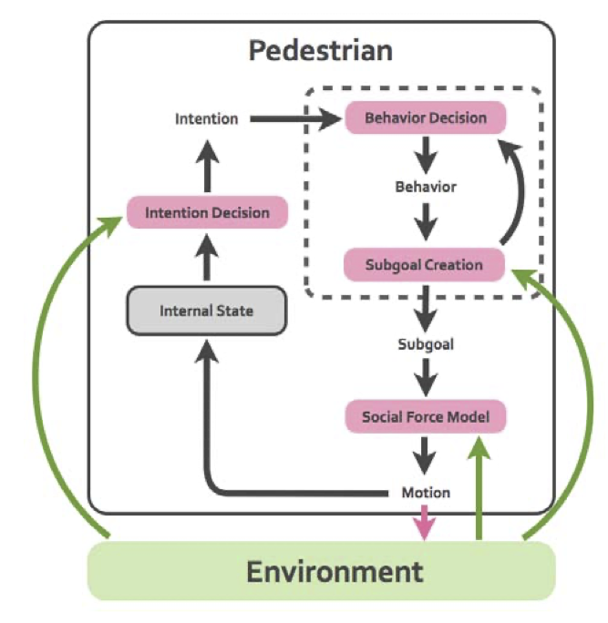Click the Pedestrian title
pos(320,50)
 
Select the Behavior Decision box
pos(425,118)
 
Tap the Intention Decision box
pos(207,213)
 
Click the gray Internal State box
pos(207,311)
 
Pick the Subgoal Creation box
pos(425,265)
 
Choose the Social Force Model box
pos(425,417)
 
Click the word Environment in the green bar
pos(335,571)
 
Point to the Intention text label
pos(207,118)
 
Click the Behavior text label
pos(425,187)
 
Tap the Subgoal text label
pos(425,344)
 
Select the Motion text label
pos(426,493)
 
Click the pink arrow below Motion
pos(426,524)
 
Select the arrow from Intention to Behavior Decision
pos(292,118)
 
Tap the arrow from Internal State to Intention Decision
pos(207,257)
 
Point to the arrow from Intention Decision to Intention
pos(207,164)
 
